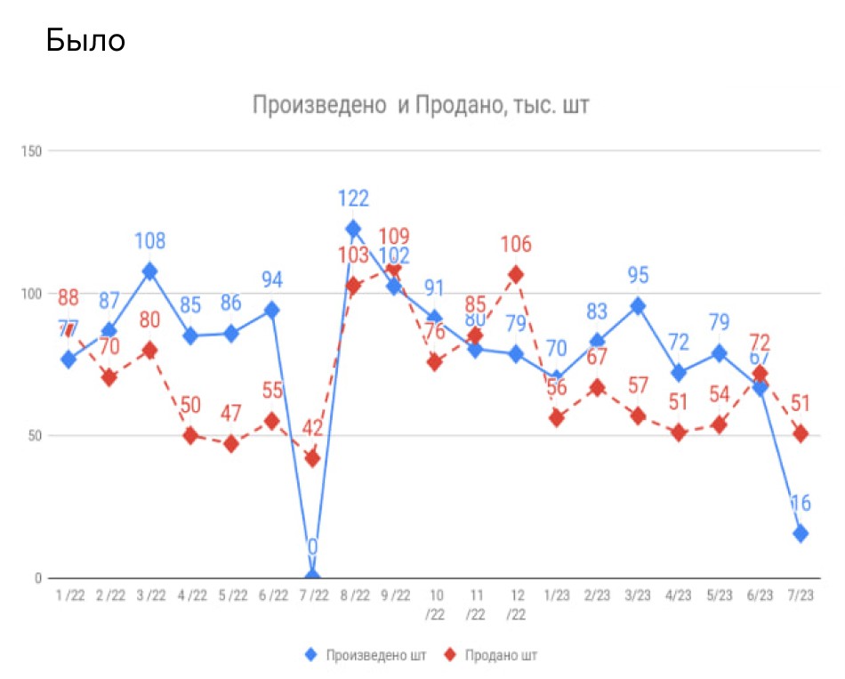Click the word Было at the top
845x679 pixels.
pyautogui.click(x=85, y=40)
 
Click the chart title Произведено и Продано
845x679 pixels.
pyautogui.click(x=421, y=106)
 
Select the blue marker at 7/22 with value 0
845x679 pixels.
pyautogui.click(x=312, y=577)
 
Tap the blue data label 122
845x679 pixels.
pyautogui.click(x=352, y=198)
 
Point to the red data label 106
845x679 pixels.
pyautogui.click(x=516, y=244)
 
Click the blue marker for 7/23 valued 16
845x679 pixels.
pyautogui.click(x=801, y=533)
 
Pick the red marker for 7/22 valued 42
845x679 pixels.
pyautogui.click(x=312, y=458)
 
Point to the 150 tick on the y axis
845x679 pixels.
pyautogui.click(x=33, y=150)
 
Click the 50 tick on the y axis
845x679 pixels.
pyautogui.click(x=36, y=435)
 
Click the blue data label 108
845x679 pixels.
pyautogui.click(x=149, y=241)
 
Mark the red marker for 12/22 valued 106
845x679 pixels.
pyautogui.click(x=516, y=274)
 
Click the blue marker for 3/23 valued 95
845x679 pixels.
pyautogui.click(x=638, y=306)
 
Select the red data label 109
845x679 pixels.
pyautogui.click(x=394, y=236)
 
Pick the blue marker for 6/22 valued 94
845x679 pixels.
pyautogui.click(x=272, y=310)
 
